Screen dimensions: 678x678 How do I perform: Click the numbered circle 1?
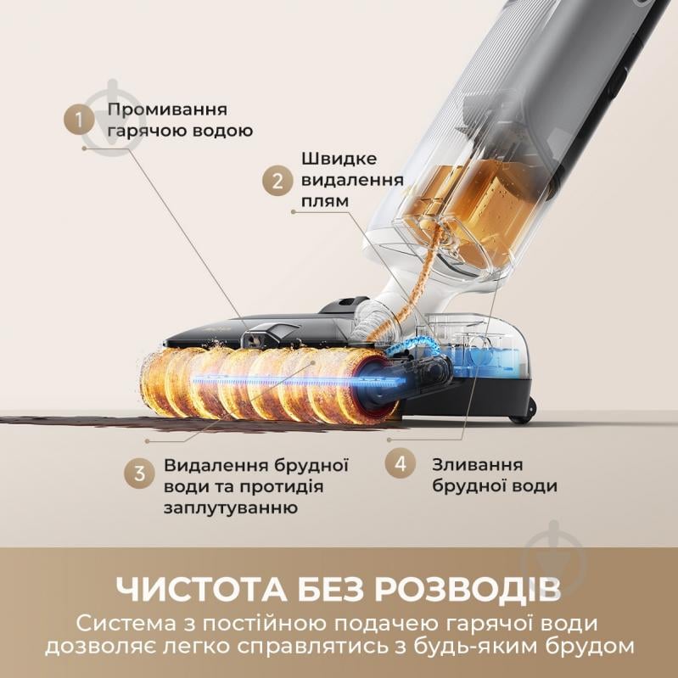coord(81,120)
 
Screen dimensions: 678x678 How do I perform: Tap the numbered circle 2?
coord(277,181)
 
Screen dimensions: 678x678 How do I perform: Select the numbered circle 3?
coord(139,474)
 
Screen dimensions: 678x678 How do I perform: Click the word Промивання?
coord(166,111)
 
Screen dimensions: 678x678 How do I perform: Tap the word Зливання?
coord(477,465)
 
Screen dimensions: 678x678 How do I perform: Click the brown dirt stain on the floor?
coord(68,420)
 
